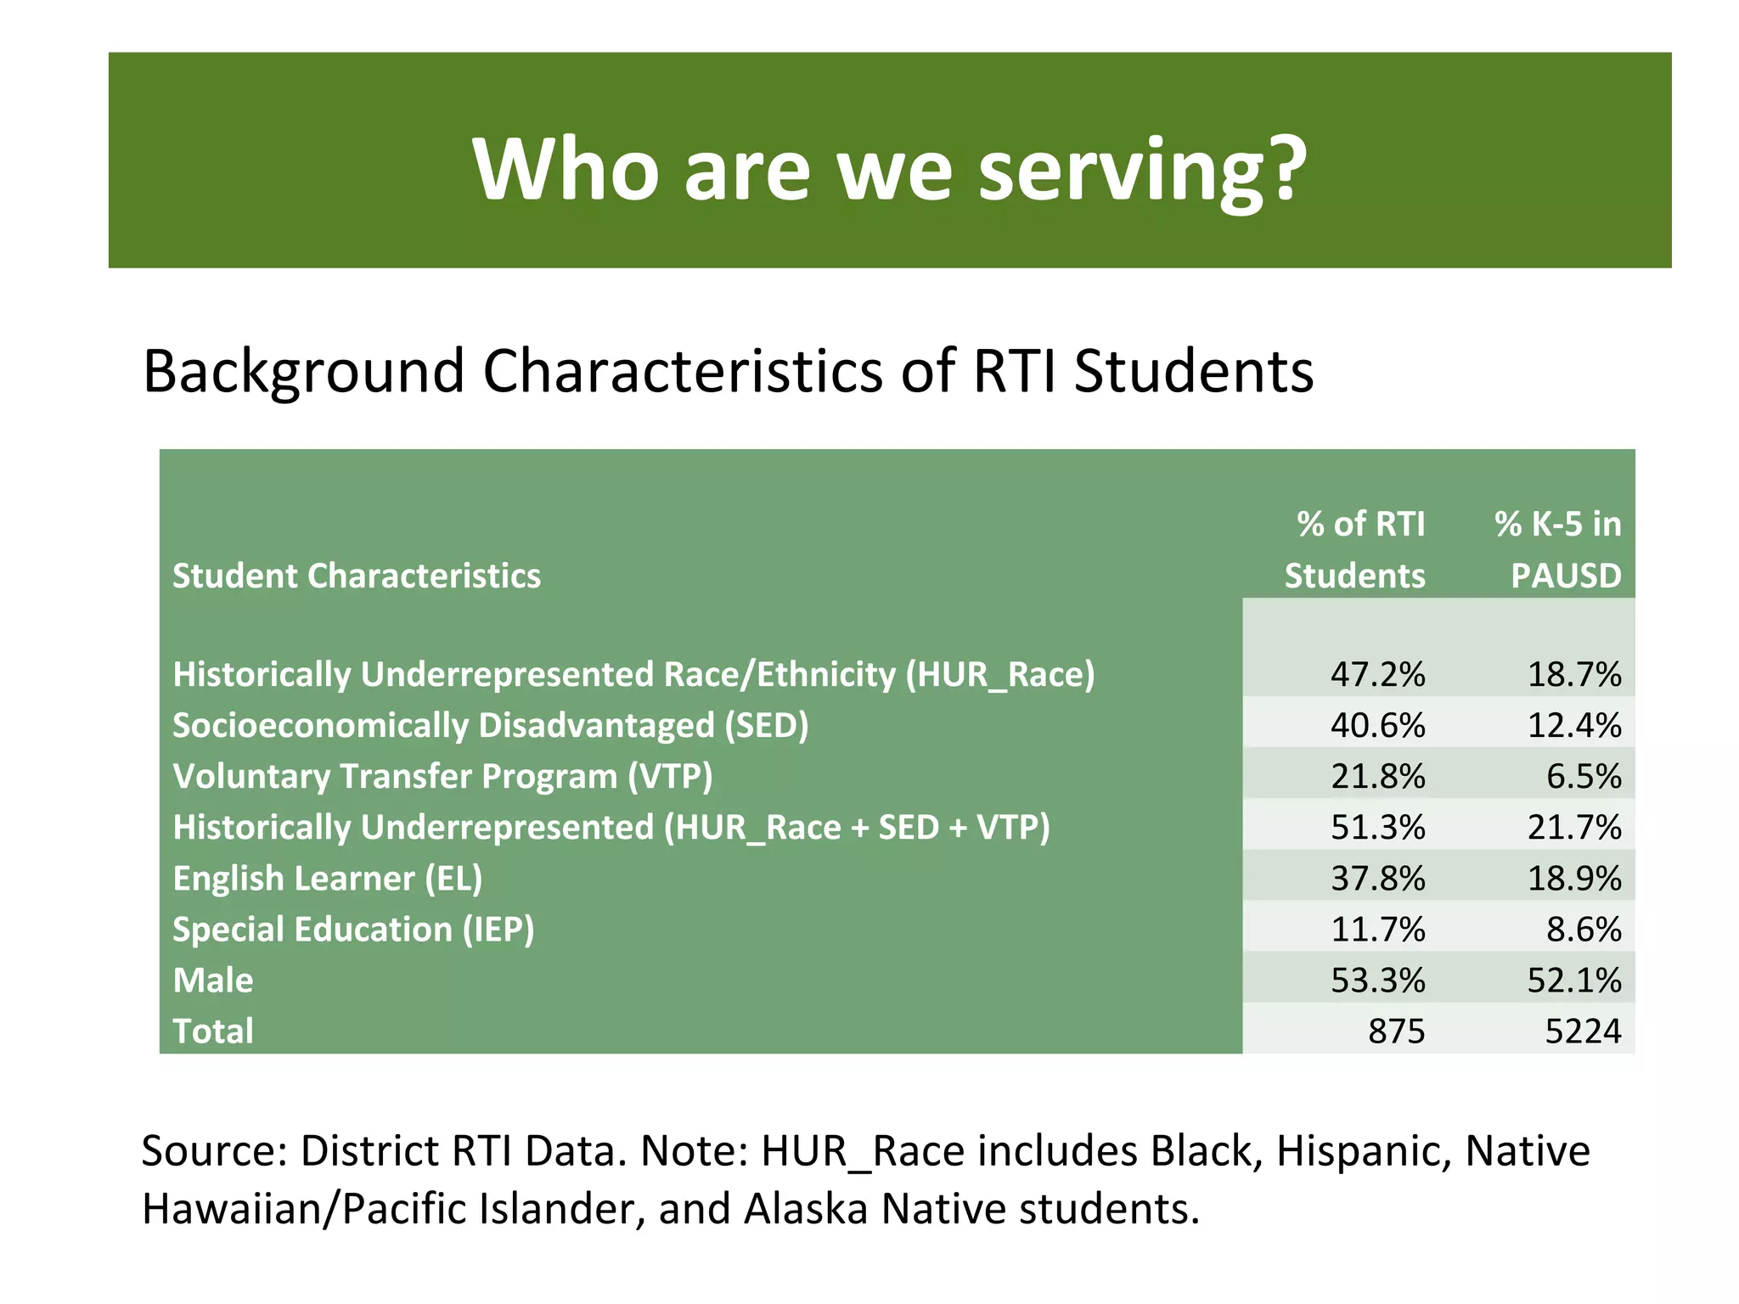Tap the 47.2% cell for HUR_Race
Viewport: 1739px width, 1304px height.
tap(1377, 674)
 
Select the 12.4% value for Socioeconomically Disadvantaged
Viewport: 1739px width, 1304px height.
tap(1573, 725)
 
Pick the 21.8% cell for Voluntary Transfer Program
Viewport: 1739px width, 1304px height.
tap(1377, 776)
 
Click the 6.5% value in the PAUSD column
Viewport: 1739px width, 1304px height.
tap(1583, 776)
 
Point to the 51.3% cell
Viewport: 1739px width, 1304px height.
tap(1377, 827)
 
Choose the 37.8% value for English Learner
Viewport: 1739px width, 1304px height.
tap(1377, 878)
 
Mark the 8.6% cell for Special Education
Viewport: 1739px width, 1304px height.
tap(1583, 929)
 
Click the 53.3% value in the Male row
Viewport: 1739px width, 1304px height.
tap(1377, 980)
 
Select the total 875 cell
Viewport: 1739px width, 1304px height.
tap(1396, 1031)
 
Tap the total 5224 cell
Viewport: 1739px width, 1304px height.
tap(1583, 1031)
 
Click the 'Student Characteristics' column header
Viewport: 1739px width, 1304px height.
tap(357, 576)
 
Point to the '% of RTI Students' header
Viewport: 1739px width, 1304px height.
tap(1355, 549)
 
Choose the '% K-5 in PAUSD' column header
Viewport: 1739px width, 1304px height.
tap(1559, 549)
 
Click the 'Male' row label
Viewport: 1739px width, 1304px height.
tap(213, 980)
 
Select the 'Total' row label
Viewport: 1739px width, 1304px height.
tap(213, 1031)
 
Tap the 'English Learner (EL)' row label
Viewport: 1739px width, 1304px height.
tap(328, 878)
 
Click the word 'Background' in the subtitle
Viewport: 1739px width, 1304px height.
tap(303, 372)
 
